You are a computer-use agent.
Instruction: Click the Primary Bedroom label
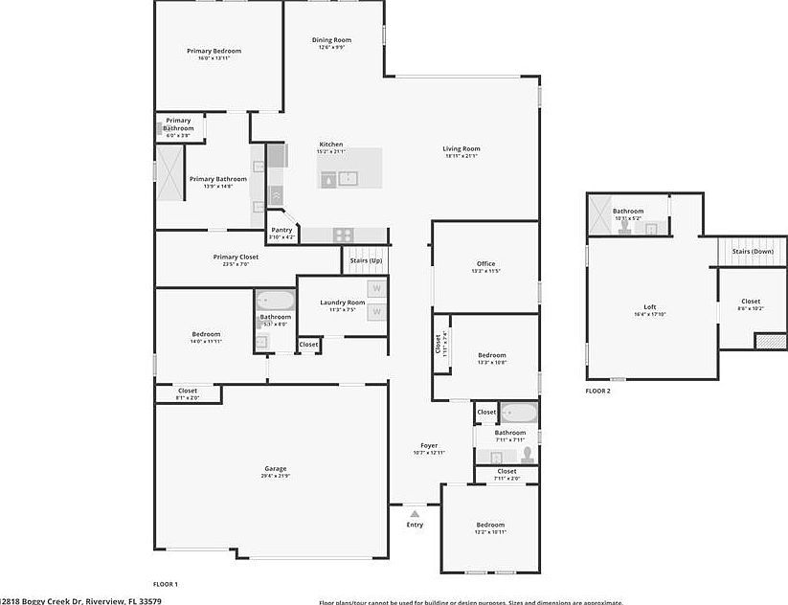pos(214,51)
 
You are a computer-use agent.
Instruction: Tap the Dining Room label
pos(331,40)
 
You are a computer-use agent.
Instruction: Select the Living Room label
pos(461,148)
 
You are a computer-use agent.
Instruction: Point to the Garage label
pos(275,468)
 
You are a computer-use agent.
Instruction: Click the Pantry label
pos(281,230)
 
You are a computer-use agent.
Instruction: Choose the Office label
pos(485,263)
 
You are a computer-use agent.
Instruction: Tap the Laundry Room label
pos(342,302)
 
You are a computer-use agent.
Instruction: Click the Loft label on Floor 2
pos(649,306)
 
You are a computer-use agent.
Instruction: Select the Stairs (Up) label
pos(366,260)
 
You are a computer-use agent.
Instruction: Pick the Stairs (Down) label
pos(753,252)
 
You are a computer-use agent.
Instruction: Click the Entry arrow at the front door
pos(415,514)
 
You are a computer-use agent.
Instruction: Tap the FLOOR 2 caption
pos(597,391)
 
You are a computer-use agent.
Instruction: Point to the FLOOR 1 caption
pos(166,583)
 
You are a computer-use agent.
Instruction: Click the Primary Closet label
pos(236,257)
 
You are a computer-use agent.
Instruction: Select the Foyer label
pos(429,446)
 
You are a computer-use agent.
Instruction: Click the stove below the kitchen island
pos(344,235)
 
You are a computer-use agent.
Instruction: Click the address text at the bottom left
pos(80,600)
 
